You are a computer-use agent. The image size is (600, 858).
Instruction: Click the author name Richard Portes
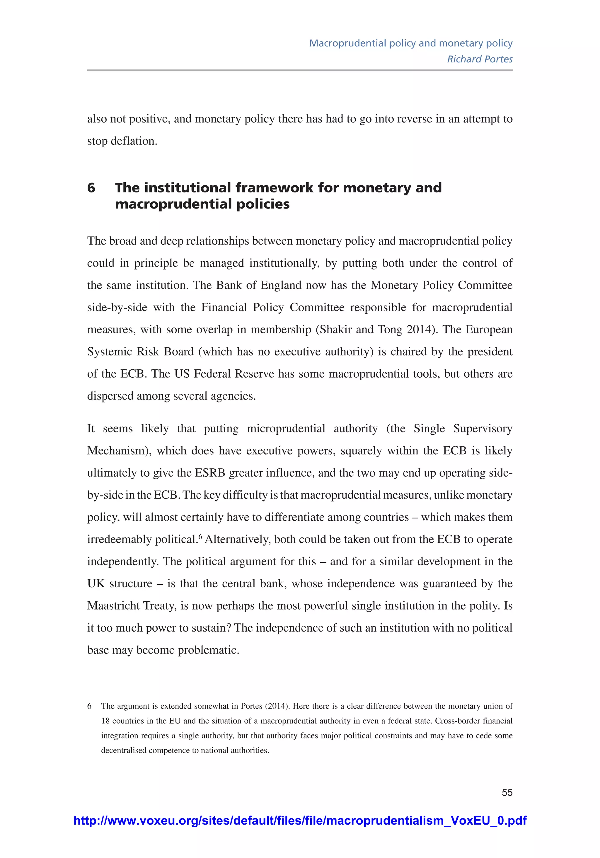tap(480, 59)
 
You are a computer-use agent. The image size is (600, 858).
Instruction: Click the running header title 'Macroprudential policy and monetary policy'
tap(410, 43)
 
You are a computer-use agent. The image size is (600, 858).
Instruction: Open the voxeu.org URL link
tap(300, 821)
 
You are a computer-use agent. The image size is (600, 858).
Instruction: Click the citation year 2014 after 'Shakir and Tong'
tap(421, 330)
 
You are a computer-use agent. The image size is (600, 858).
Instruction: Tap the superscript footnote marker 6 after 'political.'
tap(200, 537)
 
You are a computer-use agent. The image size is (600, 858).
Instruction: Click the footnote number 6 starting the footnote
tap(89, 706)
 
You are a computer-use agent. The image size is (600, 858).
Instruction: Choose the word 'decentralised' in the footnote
tap(124, 750)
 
